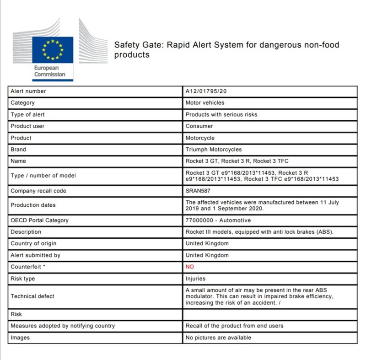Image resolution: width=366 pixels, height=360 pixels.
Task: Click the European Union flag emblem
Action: tap(53, 49)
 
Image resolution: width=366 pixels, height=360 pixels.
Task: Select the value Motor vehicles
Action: tap(205, 103)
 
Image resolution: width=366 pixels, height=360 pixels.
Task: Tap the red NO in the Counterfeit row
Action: tap(190, 267)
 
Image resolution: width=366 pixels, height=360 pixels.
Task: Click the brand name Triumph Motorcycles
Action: tap(214, 150)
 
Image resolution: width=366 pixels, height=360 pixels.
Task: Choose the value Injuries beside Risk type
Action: tap(195, 279)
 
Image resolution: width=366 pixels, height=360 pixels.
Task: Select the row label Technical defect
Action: tap(32, 296)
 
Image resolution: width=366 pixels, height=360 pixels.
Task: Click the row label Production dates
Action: tap(33, 205)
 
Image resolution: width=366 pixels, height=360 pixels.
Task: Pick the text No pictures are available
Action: tap(218, 338)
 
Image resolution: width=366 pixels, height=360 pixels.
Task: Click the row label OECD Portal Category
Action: tap(40, 220)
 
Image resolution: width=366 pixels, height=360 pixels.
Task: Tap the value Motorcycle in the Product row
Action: tap(200, 138)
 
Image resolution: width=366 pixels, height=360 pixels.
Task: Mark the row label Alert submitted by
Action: tap(35, 255)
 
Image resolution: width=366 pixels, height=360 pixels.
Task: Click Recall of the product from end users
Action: tap(234, 326)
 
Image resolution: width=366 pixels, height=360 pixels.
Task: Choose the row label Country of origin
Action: tap(33, 243)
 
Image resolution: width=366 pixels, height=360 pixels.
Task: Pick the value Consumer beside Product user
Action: tap(199, 126)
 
